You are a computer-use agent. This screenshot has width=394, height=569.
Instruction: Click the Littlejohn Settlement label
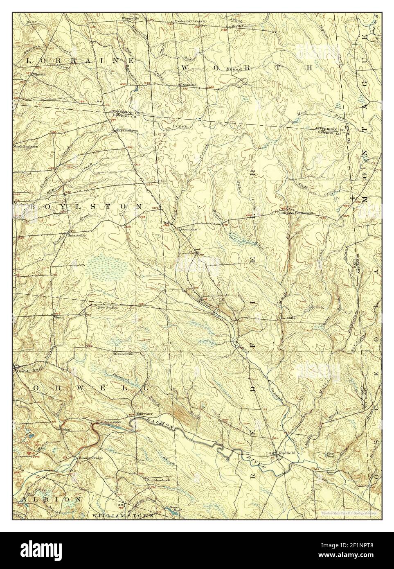[295, 213]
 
